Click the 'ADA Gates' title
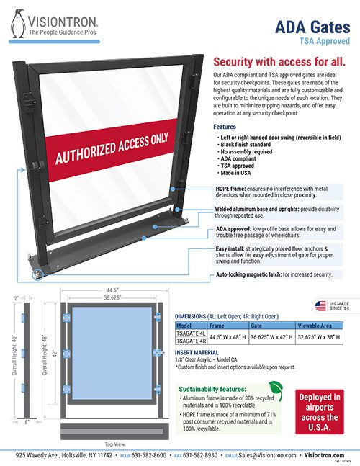315,27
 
